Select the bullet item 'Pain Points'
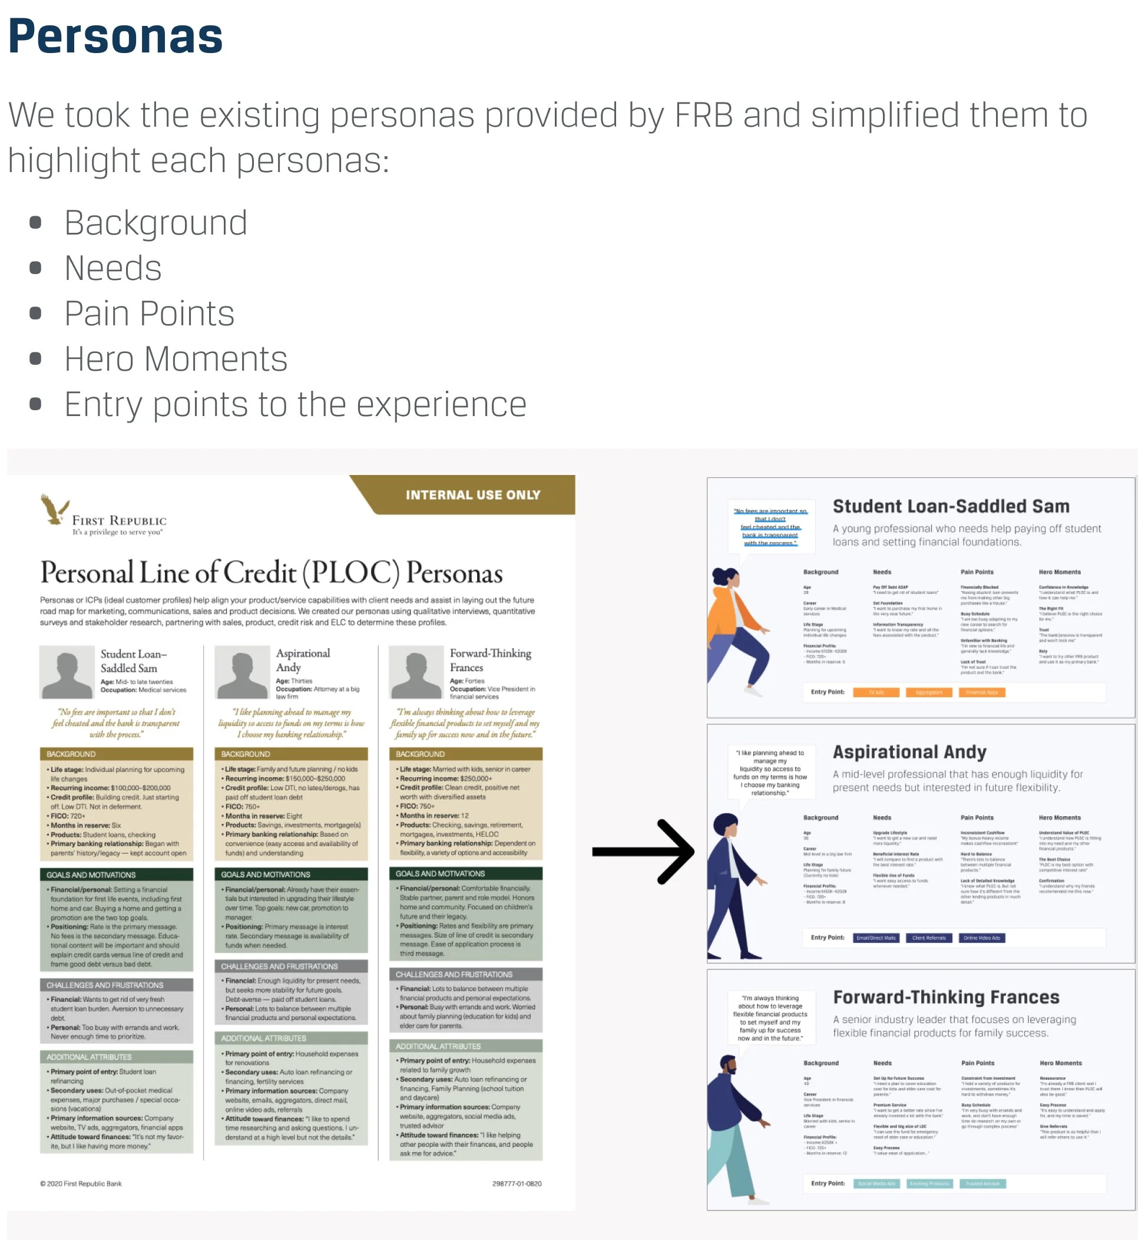150,314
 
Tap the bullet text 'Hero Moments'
176,359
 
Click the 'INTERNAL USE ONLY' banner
474,495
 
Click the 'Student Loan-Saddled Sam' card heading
951,506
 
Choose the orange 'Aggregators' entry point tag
929,692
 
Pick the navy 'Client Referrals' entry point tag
929,938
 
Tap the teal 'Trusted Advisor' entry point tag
982,1184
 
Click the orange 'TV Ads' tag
875,692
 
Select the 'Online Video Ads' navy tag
982,938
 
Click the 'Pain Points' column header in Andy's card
977,818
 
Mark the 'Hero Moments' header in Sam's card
1060,572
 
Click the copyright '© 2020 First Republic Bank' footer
81,1184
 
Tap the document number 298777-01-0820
517,1184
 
